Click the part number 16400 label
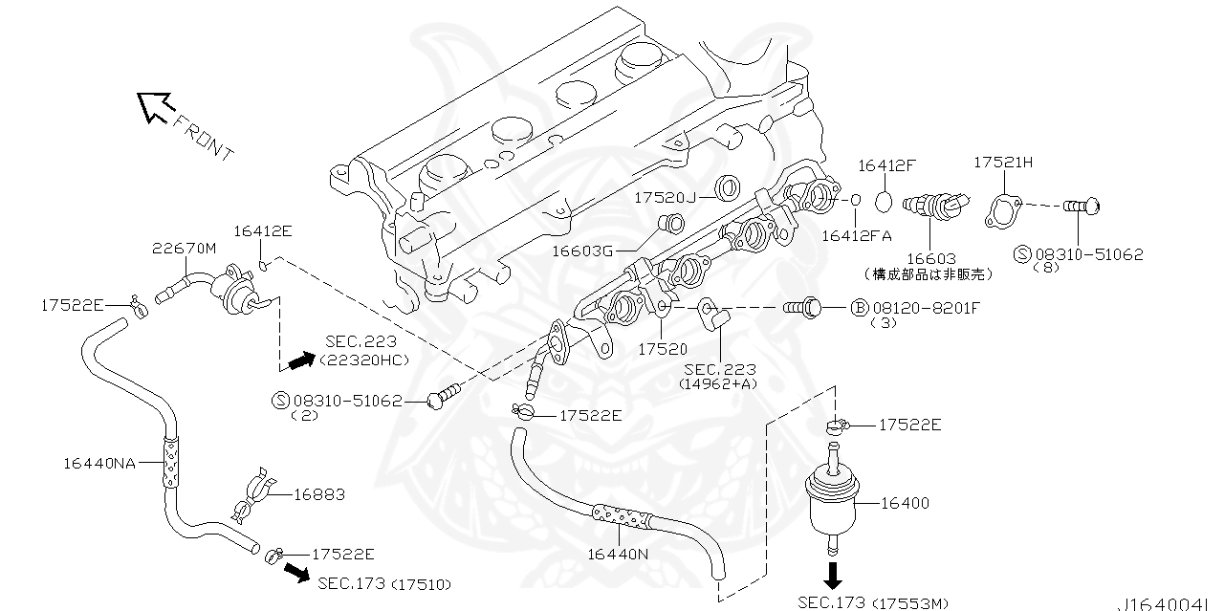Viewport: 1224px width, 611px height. [x=904, y=503]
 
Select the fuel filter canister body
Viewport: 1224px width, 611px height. [x=834, y=501]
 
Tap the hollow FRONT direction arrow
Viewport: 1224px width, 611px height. [x=153, y=106]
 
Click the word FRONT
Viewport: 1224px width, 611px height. [x=204, y=137]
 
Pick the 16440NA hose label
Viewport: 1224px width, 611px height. [x=99, y=463]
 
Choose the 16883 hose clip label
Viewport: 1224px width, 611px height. [x=318, y=494]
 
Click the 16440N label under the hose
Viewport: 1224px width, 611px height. [x=618, y=553]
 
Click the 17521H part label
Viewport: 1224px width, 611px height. [x=1003, y=163]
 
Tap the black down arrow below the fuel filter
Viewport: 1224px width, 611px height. [x=833, y=575]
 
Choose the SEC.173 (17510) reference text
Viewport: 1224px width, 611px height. [x=384, y=583]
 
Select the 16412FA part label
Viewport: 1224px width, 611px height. [x=857, y=234]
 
